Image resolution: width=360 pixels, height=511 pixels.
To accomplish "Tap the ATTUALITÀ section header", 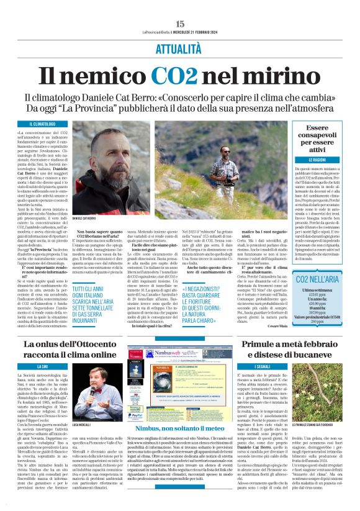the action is pyautogui.click(x=180, y=48).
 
